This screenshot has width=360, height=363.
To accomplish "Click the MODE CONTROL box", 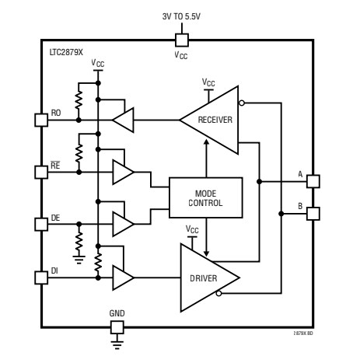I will pos(206,197).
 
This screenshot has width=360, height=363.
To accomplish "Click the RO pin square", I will pos(42,120).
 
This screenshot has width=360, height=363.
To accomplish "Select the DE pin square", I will pos(42,224).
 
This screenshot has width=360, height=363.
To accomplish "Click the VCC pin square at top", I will pos(180,38).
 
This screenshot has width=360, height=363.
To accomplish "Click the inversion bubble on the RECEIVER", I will pos(244,103).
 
